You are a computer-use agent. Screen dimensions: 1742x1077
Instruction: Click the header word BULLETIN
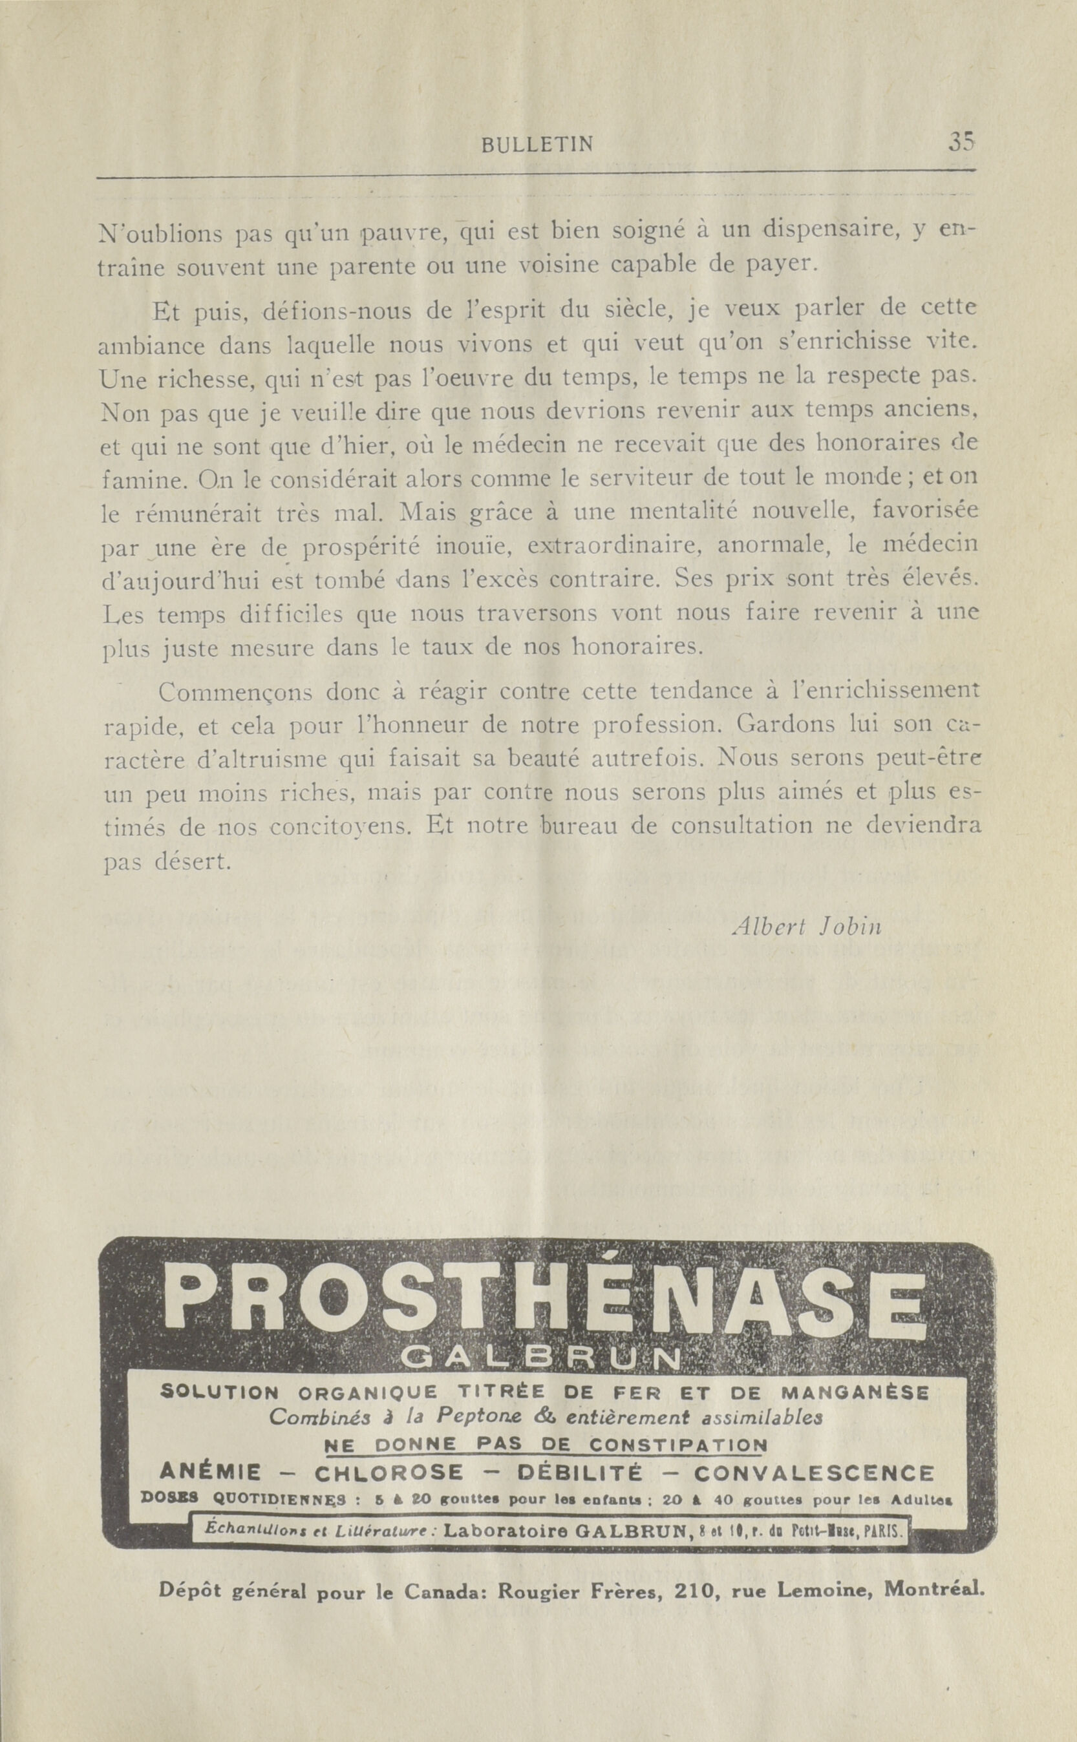pos(537,145)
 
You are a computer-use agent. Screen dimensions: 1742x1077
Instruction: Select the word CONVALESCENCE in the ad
pos(813,1453)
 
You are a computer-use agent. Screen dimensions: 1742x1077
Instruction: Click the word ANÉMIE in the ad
pos(211,1453)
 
